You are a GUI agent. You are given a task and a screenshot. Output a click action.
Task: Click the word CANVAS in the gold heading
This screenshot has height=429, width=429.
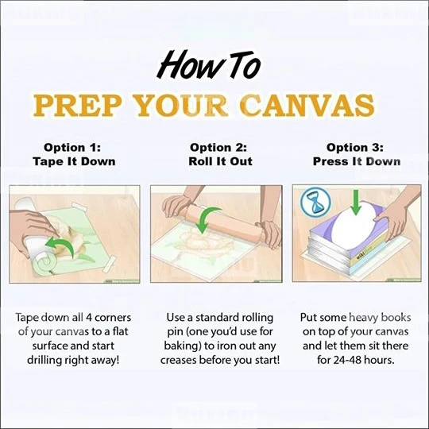pyautogui.click(x=308, y=106)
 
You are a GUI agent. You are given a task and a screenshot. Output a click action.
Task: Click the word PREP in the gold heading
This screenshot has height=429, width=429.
pyautogui.click(x=77, y=106)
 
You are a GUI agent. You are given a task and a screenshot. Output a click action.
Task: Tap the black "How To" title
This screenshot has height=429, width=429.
pyautogui.click(x=208, y=65)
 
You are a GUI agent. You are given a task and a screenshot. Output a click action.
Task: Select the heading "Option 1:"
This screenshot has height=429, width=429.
pyautogui.click(x=72, y=148)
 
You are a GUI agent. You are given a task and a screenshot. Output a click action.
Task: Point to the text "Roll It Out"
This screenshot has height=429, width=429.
pyautogui.click(x=220, y=161)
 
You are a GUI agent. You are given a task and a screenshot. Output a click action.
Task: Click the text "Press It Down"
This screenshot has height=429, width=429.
pyautogui.click(x=357, y=161)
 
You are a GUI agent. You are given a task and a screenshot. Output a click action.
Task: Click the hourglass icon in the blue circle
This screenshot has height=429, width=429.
pyautogui.click(x=315, y=202)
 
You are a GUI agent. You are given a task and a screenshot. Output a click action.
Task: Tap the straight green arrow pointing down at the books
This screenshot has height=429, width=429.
pyautogui.click(x=355, y=203)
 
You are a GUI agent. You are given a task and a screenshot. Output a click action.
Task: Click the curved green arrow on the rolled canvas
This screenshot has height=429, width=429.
pyautogui.click(x=61, y=244)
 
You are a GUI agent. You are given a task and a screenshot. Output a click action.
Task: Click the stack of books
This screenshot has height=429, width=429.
pyautogui.click(x=349, y=241)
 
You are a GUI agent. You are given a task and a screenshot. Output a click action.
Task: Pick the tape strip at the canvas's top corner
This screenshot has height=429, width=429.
pyautogui.click(x=79, y=207)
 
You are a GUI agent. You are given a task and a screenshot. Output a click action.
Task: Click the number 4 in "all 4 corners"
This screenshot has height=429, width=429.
pyautogui.click(x=89, y=318)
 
